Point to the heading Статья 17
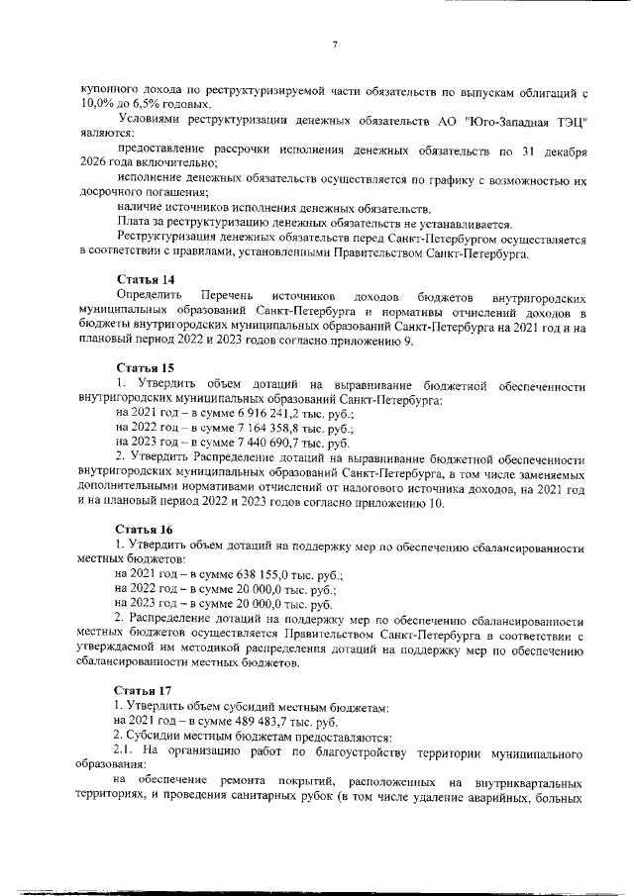pyautogui.click(x=145, y=689)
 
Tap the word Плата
pyautogui.click(x=134, y=224)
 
